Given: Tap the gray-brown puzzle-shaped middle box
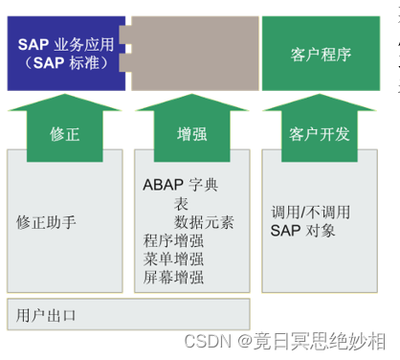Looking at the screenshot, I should (191, 53).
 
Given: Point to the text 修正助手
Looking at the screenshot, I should (47, 222).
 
